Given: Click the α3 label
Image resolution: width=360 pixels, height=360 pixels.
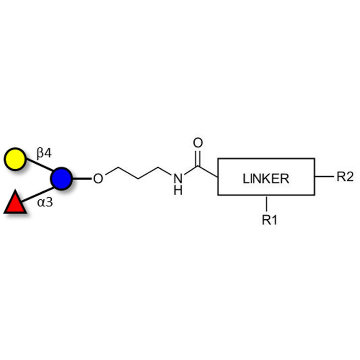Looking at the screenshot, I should [45, 202].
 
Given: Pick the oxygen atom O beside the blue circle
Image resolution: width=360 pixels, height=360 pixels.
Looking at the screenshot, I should [98, 179].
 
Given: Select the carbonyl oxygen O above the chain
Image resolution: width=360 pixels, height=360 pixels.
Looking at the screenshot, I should [198, 144].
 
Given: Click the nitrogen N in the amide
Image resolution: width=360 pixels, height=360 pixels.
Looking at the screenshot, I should [178, 179].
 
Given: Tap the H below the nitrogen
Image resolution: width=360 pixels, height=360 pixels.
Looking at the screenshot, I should [178, 190].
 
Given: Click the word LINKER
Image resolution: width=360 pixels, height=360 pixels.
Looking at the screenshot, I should [266, 179].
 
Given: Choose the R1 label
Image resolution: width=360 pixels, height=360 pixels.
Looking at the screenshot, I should [269, 220].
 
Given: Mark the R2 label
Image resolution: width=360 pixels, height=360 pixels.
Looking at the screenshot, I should [345, 177].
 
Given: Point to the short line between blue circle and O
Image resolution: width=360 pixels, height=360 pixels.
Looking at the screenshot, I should [81, 179].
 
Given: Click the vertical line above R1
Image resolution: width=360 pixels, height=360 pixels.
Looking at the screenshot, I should [267, 203].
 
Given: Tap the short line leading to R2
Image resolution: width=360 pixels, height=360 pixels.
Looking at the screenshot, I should [323, 177].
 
